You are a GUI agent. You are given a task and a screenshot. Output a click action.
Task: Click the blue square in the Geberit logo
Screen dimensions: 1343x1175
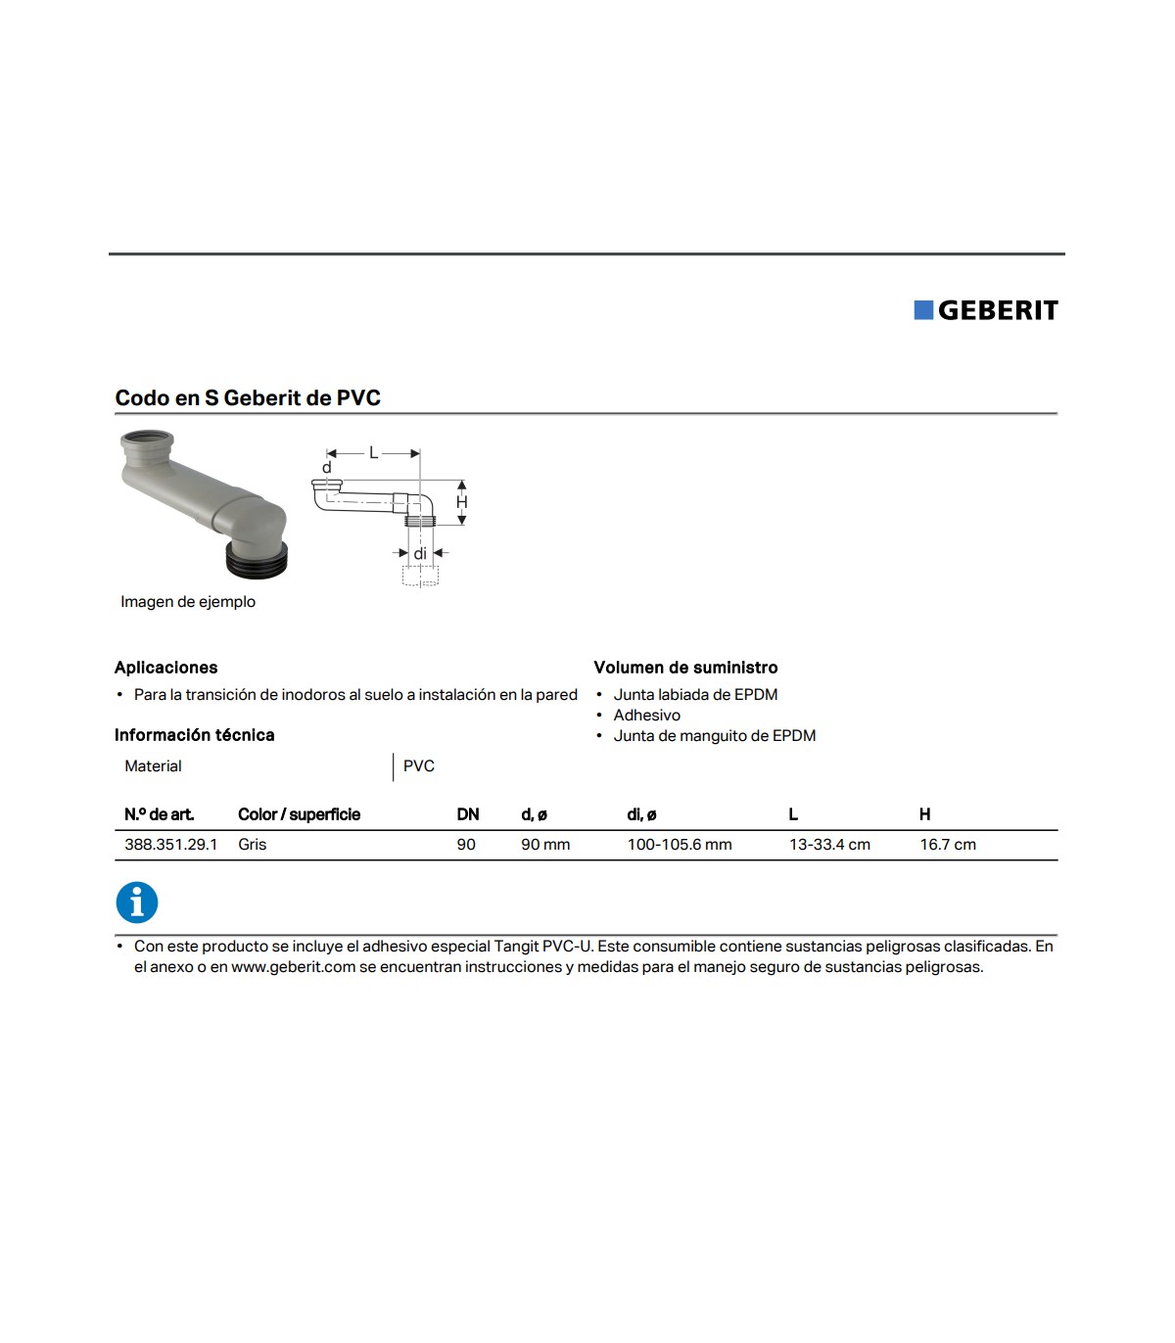pos(923,310)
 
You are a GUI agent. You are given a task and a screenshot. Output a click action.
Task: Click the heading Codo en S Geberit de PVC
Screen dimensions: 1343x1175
pos(248,398)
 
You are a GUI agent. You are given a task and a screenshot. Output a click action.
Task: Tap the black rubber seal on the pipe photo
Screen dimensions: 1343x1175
pos(258,561)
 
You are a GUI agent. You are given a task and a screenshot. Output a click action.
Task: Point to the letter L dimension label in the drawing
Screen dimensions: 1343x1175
pos(373,453)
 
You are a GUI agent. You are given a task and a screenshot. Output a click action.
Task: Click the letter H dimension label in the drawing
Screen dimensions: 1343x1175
pos(462,502)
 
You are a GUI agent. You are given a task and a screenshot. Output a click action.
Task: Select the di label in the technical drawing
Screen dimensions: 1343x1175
pos(420,554)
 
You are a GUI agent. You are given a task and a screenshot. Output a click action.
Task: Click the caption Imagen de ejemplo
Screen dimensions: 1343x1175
pos(188,602)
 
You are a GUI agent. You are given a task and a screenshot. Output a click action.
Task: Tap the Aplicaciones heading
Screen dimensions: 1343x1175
pos(165,668)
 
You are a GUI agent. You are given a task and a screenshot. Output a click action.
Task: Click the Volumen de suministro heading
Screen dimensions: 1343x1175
pos(685,668)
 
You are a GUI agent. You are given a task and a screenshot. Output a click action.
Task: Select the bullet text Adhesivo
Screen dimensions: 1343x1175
pos(646,716)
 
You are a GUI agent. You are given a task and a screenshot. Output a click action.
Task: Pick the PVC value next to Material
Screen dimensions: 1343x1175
pos(419,766)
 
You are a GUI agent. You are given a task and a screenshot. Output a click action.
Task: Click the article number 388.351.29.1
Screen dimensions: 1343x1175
pos(170,845)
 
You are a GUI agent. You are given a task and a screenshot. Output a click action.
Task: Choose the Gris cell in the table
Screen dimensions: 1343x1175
pos(252,845)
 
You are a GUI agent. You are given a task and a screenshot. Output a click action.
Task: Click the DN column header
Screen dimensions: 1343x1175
pos(468,814)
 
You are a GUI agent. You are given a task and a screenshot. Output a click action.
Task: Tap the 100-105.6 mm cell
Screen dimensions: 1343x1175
pos(680,845)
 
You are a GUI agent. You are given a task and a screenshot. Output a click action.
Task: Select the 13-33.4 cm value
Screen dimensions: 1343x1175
pos(829,845)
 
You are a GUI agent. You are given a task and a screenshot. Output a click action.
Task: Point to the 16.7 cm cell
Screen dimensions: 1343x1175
pos(947,845)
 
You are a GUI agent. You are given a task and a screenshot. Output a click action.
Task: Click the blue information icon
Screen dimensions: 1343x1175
pos(137,903)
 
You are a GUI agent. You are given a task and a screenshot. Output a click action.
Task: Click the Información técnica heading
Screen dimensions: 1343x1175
pos(194,735)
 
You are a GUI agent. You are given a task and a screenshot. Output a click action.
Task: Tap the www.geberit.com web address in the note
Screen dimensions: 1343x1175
pos(293,967)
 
